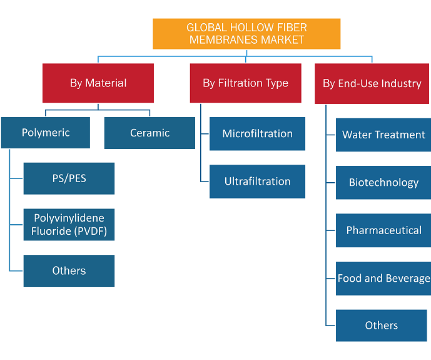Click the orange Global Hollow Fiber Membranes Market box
pos(246,34)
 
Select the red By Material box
pos(98,83)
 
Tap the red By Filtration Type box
pos(245,83)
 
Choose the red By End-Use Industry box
pos(372,84)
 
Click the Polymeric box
pos(46,133)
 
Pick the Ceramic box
pos(150,133)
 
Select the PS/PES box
pos(69,178)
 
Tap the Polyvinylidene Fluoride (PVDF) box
pos(69,225)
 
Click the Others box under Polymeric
pos(69,271)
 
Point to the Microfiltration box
pos(257,134)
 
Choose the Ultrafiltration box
pos(257,182)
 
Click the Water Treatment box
pos(383,135)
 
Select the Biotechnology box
pos(383,183)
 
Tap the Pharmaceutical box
pos(383,230)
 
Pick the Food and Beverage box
pos(383,279)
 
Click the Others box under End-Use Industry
pos(381,326)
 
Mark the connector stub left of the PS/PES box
pos(16,178)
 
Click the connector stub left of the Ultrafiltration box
pos(205,182)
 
